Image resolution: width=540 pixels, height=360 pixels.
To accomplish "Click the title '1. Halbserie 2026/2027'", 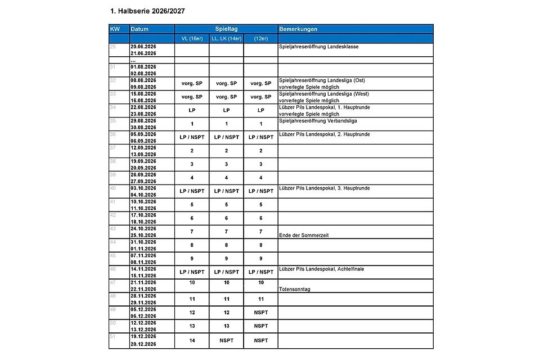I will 148,11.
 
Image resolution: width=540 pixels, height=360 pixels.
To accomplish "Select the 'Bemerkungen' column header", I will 299,29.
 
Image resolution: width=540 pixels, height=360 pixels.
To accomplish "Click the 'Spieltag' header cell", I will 226,29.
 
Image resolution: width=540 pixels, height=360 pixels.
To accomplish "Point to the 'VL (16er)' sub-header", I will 192,38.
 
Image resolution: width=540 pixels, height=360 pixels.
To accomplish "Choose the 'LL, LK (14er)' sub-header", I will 226,38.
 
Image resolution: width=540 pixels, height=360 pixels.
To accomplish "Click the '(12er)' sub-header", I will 260,38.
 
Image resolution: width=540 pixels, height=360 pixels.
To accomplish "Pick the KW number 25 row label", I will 113,47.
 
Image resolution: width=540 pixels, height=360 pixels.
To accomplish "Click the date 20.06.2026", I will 143,47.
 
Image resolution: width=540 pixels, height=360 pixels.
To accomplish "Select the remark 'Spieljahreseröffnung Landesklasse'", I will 319,47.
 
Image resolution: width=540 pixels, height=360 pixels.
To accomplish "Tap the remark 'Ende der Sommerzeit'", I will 303,235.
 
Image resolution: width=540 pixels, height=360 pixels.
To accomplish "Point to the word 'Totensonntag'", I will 295,289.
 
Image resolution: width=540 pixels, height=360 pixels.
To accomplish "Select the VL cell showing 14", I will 192,340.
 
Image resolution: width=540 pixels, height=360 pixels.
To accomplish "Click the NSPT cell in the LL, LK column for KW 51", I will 226,340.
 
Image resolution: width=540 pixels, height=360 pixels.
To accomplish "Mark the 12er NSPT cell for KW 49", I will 260,313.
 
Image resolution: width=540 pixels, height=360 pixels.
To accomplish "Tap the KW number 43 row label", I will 113,228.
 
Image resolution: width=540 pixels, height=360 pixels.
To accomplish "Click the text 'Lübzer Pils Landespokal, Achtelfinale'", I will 321,269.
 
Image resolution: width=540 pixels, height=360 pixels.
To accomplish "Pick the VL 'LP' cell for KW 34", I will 192,110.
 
